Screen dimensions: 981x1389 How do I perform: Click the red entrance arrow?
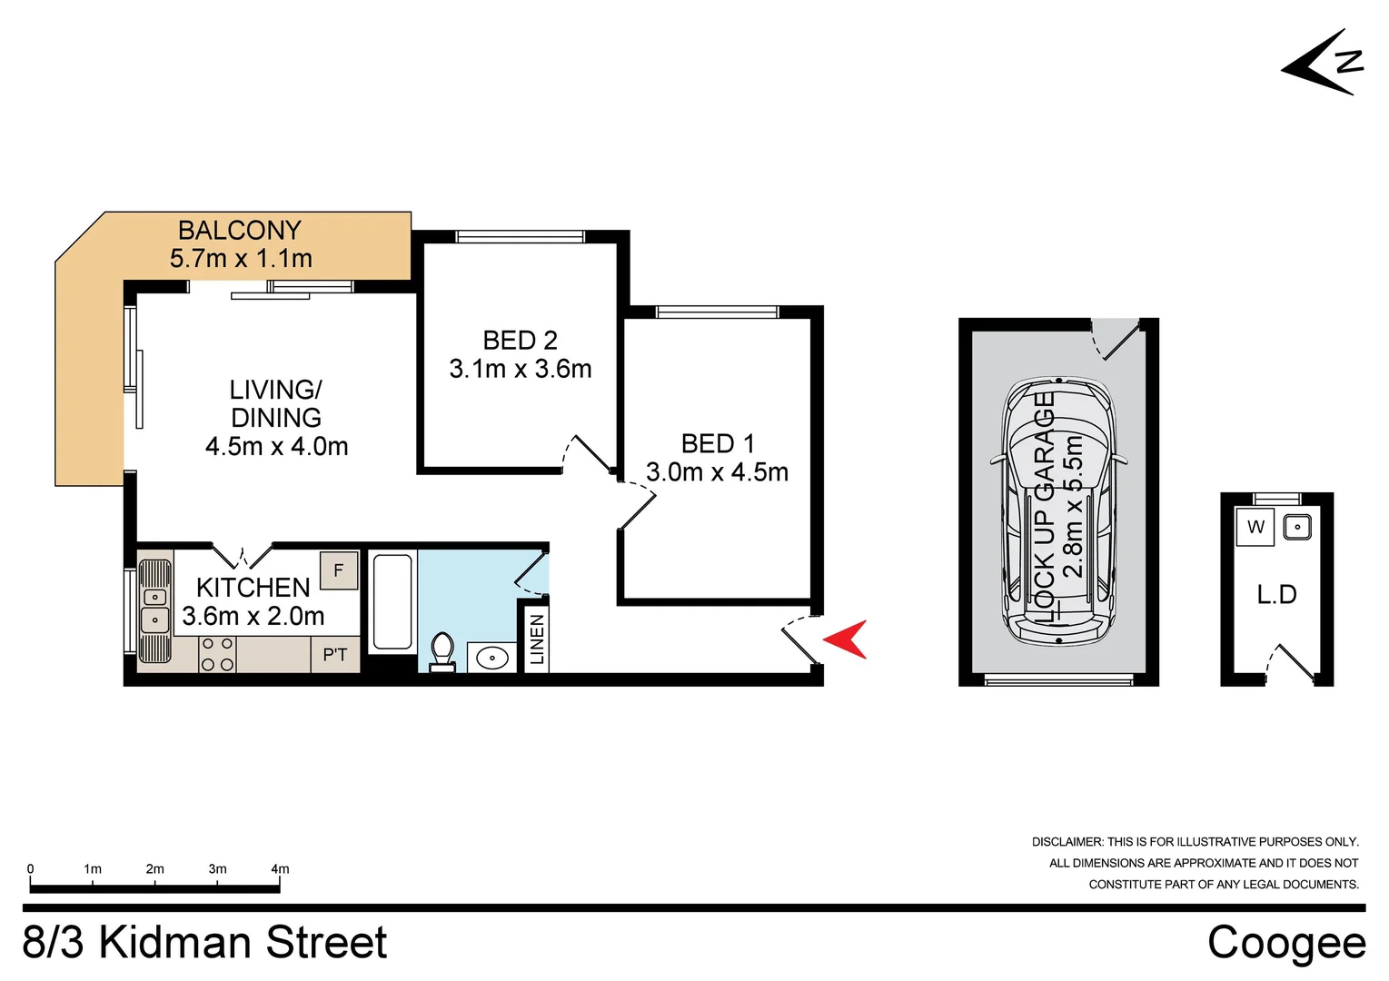(x=846, y=639)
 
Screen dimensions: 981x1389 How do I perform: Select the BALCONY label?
(x=239, y=230)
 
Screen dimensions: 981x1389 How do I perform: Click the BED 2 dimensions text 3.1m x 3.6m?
(x=520, y=369)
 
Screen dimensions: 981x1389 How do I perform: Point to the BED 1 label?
(x=717, y=443)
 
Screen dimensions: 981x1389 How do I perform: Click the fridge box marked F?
(x=339, y=570)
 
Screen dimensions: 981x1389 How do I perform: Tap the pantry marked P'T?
(x=335, y=655)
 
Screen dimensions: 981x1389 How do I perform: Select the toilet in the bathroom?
(x=442, y=651)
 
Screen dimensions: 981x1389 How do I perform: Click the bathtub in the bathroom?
(x=392, y=601)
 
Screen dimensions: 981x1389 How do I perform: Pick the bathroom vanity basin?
(x=491, y=657)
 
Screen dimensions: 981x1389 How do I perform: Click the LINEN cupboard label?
(x=537, y=639)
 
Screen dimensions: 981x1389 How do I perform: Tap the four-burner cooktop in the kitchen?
(x=218, y=654)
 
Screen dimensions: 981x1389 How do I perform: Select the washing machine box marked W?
(x=1255, y=527)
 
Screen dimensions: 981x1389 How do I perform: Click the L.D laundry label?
(x=1276, y=595)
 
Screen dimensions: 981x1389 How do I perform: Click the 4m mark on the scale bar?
(x=280, y=869)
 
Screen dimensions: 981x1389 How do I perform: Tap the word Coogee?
(x=1285, y=943)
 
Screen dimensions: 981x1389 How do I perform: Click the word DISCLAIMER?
(x=1067, y=842)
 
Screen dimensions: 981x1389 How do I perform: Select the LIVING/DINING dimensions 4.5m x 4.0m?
(x=276, y=446)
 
